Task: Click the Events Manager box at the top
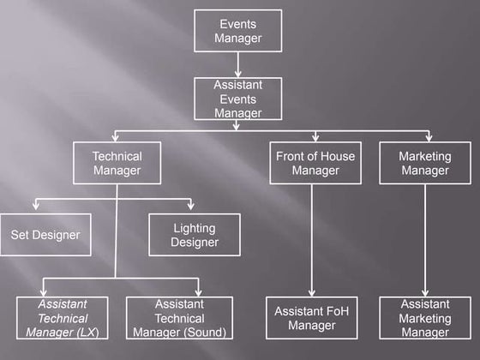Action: pyautogui.click(x=237, y=31)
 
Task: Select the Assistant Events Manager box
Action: pyautogui.click(x=237, y=99)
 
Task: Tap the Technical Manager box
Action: pyautogui.click(x=117, y=163)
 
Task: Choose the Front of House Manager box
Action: pyautogui.click(x=315, y=163)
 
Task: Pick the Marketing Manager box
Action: pyautogui.click(x=424, y=163)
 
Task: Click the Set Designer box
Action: pyautogui.click(x=45, y=235)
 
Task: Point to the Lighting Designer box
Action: pyautogui.click(x=195, y=235)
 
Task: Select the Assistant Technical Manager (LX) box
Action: pyautogui.click(x=63, y=317)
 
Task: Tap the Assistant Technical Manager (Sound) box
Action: pyautogui.click(x=179, y=317)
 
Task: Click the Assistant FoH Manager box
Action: pyautogui.click(x=311, y=317)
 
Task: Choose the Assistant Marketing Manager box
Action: pyautogui.click(x=424, y=317)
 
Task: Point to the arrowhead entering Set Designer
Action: pyautogui.click(x=35, y=207)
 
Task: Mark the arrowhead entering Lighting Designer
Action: pyautogui.click(x=191, y=207)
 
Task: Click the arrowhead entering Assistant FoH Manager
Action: pyautogui.click(x=311, y=292)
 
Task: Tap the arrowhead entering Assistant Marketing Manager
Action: pyautogui.click(x=424, y=292)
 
